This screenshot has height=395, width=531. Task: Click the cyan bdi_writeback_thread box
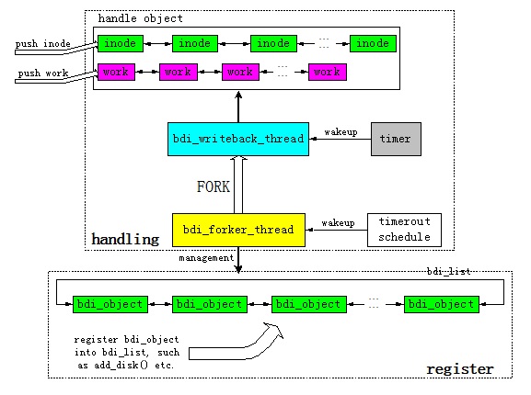pyautogui.click(x=238, y=139)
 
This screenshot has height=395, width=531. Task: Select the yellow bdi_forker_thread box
pyautogui.click(x=238, y=230)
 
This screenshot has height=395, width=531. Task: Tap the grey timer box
pyautogui.click(x=396, y=139)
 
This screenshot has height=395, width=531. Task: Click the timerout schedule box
pyautogui.click(x=404, y=230)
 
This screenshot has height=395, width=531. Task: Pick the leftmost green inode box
pyautogui.click(x=121, y=43)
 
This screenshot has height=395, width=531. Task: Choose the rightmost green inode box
pyautogui.click(x=373, y=43)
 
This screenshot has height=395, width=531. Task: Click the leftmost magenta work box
pyautogui.click(x=116, y=72)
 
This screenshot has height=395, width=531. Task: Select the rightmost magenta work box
pyautogui.click(x=327, y=72)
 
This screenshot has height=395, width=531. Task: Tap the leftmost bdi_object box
pyautogui.click(x=110, y=304)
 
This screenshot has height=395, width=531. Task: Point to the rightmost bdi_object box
pyautogui.click(x=441, y=304)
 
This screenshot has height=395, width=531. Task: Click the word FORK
pyautogui.click(x=214, y=186)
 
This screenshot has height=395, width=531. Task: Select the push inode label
pyautogui.click(x=42, y=44)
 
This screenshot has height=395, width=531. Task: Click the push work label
pyautogui.click(x=43, y=73)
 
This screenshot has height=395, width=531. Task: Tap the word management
pyautogui.click(x=206, y=258)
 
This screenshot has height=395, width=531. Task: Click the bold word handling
pyautogui.click(x=125, y=239)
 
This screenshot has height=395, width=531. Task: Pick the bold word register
pyautogui.click(x=460, y=368)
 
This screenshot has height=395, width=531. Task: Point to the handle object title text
pyautogui.click(x=140, y=18)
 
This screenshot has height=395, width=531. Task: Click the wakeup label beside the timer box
pyautogui.click(x=341, y=132)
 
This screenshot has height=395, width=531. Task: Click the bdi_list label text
pyautogui.click(x=449, y=271)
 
